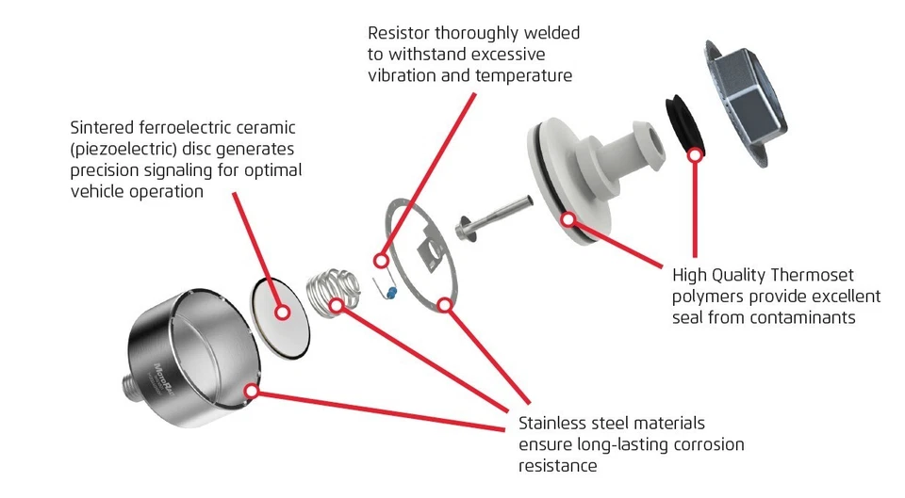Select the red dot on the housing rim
click(251, 388)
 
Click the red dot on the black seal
click(695, 153)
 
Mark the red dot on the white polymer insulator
click(568, 220)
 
